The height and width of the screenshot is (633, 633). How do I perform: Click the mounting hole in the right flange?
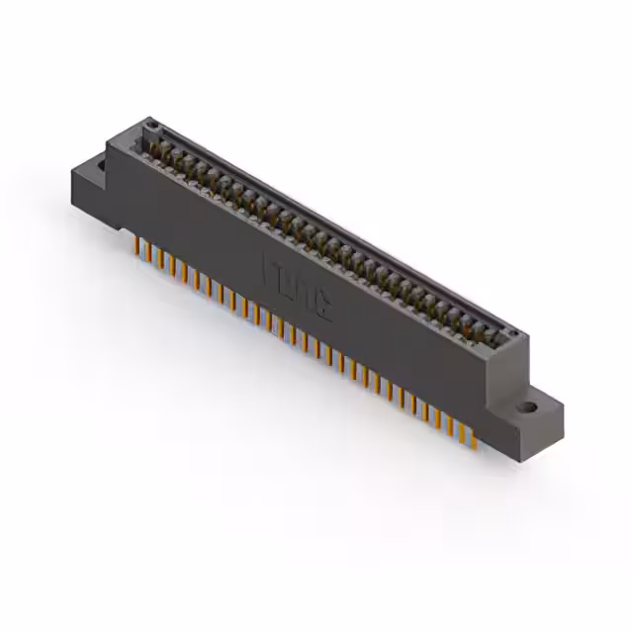click(530, 407)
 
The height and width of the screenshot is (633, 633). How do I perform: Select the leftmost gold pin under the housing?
click(136, 243)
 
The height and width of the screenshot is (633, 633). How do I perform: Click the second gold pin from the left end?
click(147, 250)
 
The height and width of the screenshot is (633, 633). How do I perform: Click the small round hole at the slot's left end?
click(152, 126)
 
